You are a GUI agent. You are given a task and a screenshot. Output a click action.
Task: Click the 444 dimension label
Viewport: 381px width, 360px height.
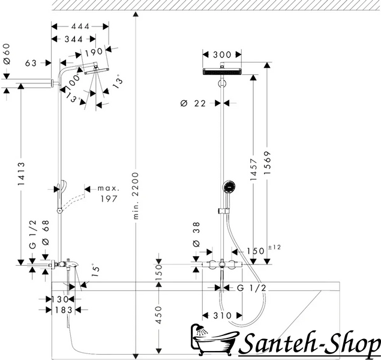click(80, 26)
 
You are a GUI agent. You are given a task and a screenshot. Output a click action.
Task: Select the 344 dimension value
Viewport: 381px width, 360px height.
click(74, 39)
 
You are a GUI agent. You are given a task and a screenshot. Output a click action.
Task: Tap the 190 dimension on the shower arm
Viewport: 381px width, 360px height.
click(94, 52)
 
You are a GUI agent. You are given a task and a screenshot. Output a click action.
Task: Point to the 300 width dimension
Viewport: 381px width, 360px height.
click(222, 55)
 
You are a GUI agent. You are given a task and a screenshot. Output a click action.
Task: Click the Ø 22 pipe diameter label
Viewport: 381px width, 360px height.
click(193, 103)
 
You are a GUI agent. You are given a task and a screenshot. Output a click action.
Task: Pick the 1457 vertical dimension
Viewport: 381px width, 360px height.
click(253, 169)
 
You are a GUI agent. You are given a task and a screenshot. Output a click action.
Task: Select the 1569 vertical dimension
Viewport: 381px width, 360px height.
click(267, 163)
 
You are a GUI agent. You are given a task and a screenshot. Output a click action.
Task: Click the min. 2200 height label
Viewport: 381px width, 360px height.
click(136, 196)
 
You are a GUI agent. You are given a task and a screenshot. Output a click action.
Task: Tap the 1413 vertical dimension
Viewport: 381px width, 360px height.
click(21, 173)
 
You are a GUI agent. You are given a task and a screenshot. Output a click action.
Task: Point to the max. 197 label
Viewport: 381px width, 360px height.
click(109, 194)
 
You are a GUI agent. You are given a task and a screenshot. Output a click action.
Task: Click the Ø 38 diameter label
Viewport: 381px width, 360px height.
click(196, 234)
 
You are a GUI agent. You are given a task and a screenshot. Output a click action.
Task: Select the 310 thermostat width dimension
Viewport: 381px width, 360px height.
click(223, 316)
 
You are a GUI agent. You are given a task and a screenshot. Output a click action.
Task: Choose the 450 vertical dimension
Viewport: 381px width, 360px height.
click(158, 315)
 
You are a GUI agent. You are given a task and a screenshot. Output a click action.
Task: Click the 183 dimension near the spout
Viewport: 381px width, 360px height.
click(64, 310)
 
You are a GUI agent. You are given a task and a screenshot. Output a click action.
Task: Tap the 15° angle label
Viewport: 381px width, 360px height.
click(95, 270)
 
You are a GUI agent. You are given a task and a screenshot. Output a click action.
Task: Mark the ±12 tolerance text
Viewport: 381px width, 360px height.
click(275, 247)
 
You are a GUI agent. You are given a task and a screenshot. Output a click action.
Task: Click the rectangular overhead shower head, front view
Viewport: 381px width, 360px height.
click(222, 71)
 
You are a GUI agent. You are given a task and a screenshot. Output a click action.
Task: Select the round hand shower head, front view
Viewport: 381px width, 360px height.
click(229, 187)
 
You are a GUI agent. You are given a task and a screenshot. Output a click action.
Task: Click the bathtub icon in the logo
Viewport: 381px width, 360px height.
click(214, 340)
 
